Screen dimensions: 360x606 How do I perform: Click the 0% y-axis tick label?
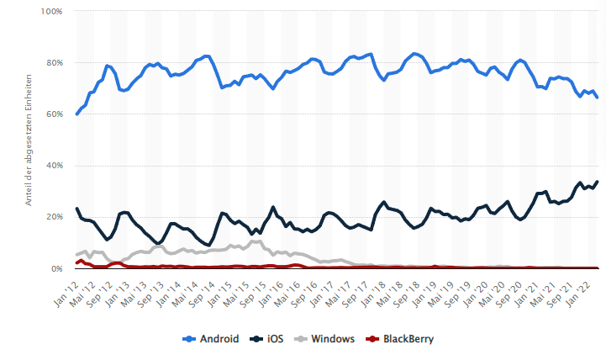pyautogui.click(x=55, y=268)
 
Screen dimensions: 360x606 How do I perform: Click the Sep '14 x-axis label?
pyautogui.click(x=203, y=286)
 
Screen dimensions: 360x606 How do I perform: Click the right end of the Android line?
pyautogui.click(x=597, y=98)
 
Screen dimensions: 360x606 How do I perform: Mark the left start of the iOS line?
pyautogui.click(x=76, y=209)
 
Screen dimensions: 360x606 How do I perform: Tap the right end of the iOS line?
pyautogui.click(x=597, y=182)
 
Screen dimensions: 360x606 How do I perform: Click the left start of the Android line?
pyautogui.click(x=76, y=114)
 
